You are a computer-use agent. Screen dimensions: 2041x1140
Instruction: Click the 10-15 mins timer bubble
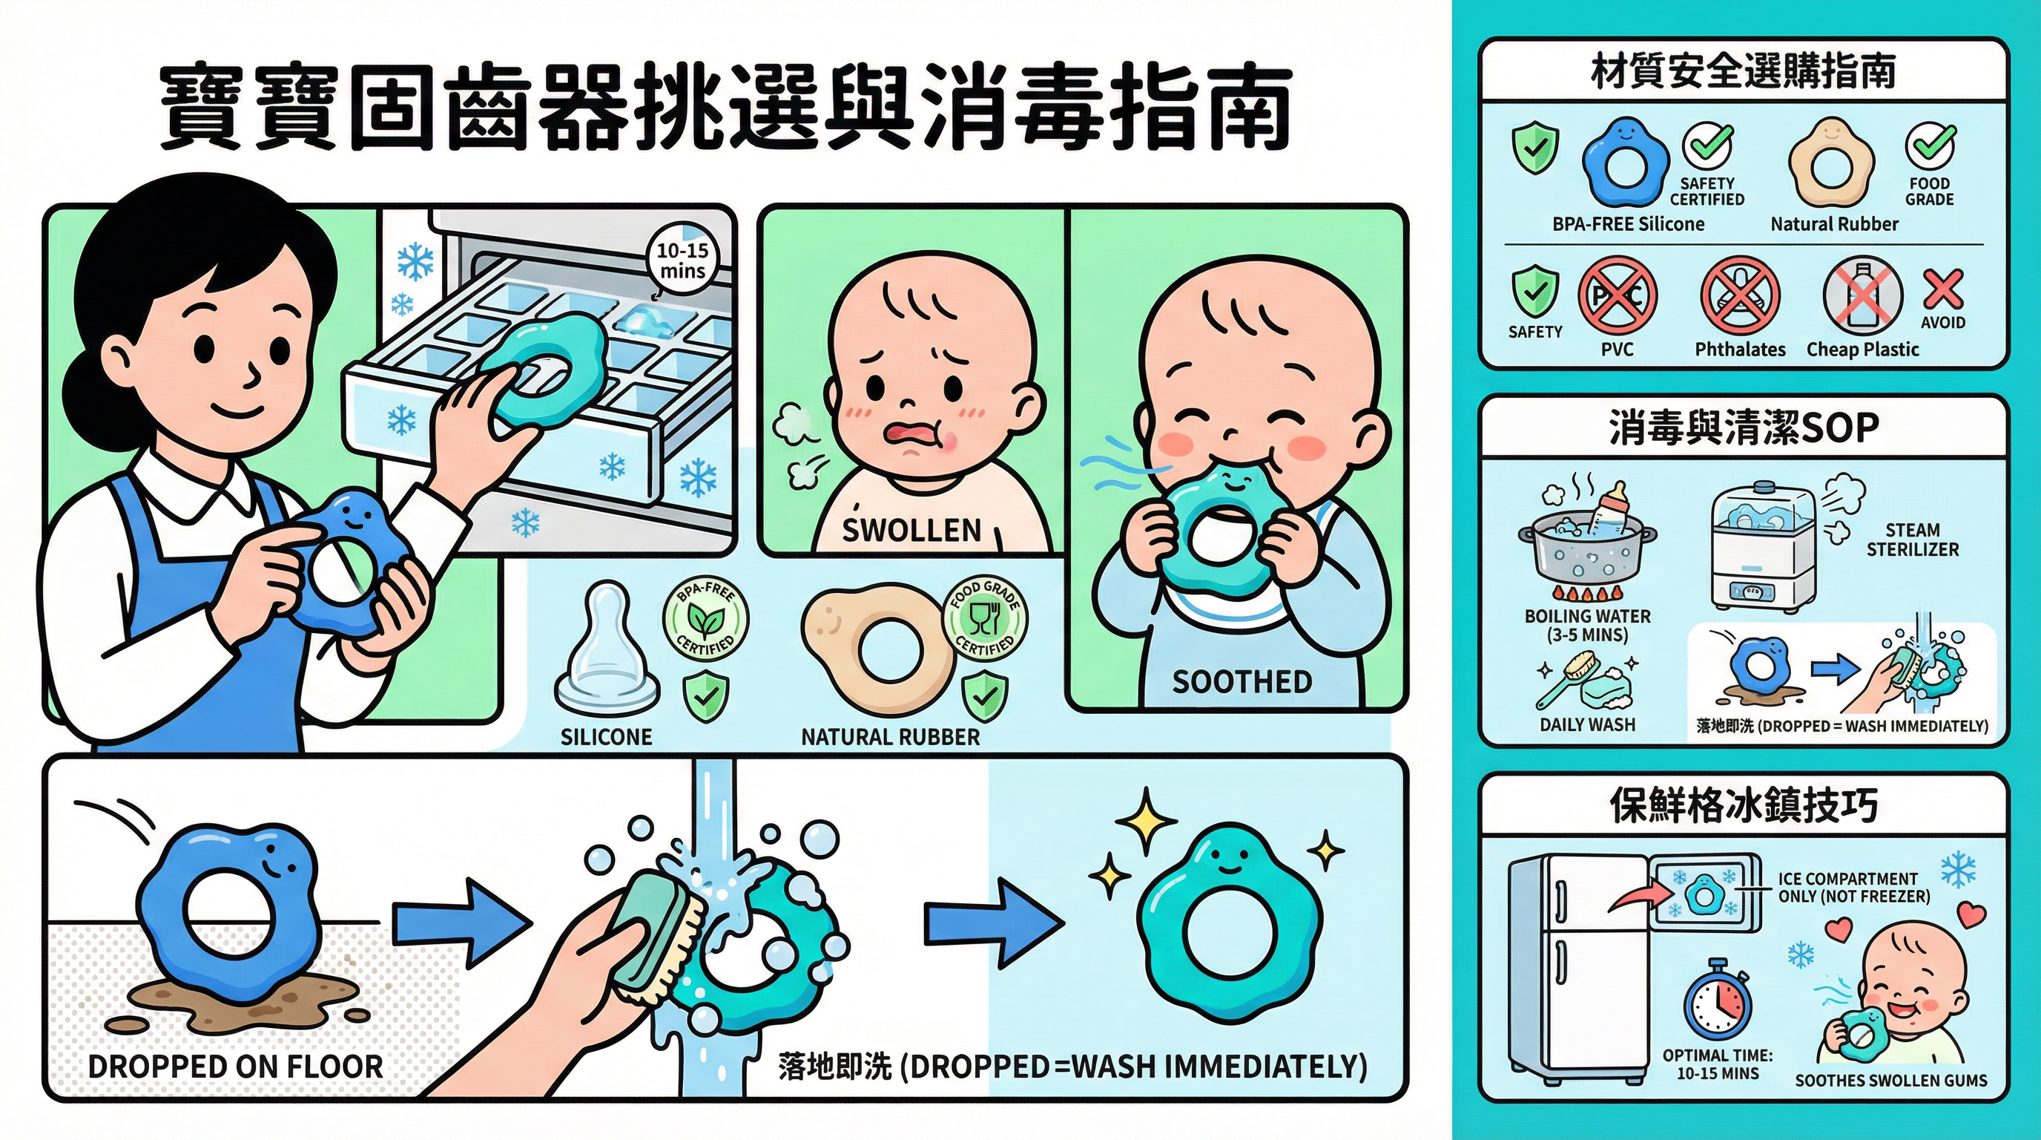pyautogui.click(x=682, y=259)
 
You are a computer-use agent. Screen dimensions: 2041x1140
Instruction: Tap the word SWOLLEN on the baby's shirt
pyautogui.click(x=912, y=530)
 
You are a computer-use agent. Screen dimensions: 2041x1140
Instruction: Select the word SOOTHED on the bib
pyautogui.click(x=1242, y=682)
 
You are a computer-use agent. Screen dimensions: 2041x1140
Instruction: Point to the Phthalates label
pyautogui.click(x=1740, y=350)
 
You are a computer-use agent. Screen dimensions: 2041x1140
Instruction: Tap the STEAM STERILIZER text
pyautogui.click(x=1913, y=539)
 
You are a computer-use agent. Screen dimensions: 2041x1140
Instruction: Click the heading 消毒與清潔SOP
pyautogui.click(x=1743, y=428)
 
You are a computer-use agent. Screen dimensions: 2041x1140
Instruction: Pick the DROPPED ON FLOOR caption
pyautogui.click(x=235, y=1067)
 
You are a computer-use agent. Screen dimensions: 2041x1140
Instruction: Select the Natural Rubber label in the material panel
pyautogui.click(x=1834, y=224)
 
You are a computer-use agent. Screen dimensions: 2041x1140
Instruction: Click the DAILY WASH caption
pyautogui.click(x=1587, y=724)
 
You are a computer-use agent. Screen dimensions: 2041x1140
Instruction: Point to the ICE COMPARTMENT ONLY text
pyautogui.click(x=1854, y=888)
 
